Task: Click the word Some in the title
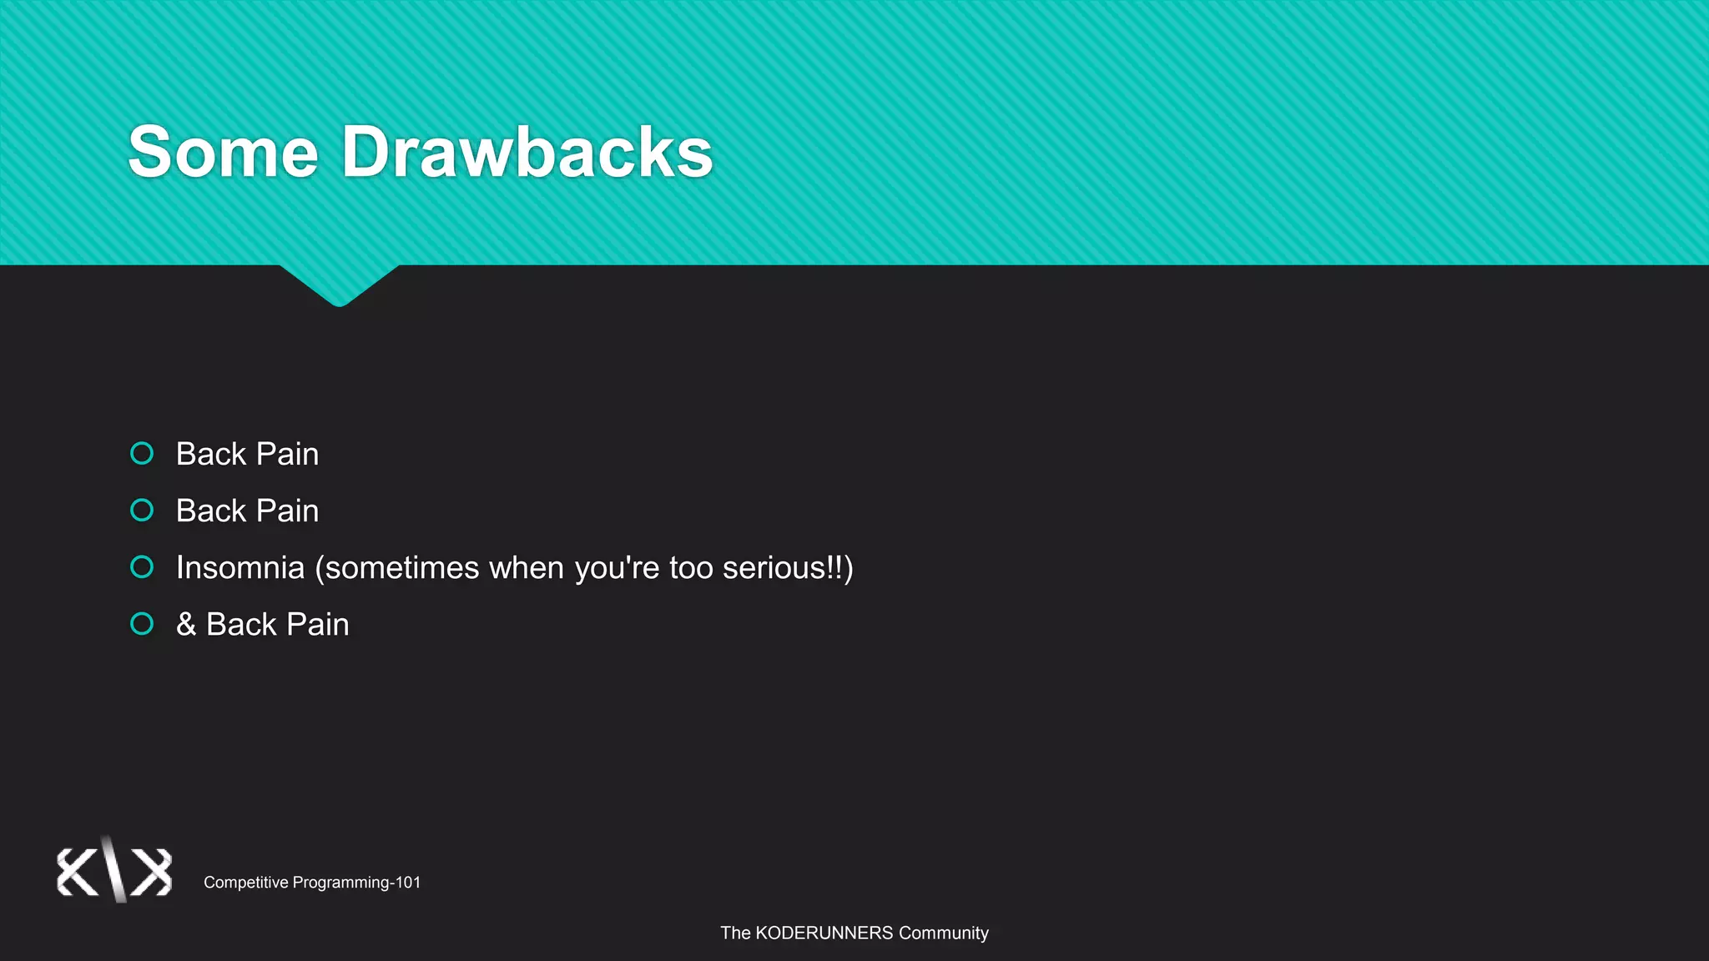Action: [x=223, y=152]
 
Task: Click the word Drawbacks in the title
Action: [x=527, y=152]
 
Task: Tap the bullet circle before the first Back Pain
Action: [x=142, y=453]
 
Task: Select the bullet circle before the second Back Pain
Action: [x=142, y=510]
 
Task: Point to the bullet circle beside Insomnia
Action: [x=142, y=567]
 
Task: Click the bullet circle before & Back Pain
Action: [x=142, y=624]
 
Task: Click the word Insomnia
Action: [x=240, y=567]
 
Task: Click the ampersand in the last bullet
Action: [x=186, y=624]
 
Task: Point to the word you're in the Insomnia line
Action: [x=617, y=569]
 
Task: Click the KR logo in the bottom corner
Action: [x=114, y=871]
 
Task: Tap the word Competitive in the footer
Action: [x=246, y=883]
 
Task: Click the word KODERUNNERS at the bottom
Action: [x=824, y=933]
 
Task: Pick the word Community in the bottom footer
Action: [x=943, y=933]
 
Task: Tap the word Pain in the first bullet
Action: [x=287, y=454]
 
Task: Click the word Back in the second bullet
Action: [x=211, y=511]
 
